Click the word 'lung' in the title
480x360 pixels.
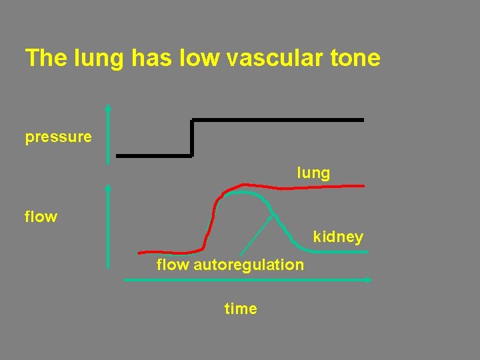coord(97,58)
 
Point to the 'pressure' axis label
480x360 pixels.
coord(59,137)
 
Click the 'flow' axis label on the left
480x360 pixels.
coord(41,217)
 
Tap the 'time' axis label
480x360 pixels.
coord(241,309)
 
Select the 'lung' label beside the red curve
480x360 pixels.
coord(313,173)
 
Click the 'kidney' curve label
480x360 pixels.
coord(338,237)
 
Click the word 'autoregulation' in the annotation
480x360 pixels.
coord(249,265)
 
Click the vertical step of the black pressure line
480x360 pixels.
coord(192,138)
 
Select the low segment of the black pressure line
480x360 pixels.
coord(153,156)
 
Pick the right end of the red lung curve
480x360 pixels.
coord(363,185)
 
